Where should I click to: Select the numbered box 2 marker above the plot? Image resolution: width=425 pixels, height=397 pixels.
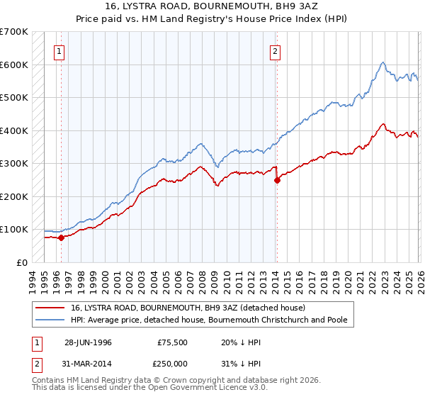point(274,51)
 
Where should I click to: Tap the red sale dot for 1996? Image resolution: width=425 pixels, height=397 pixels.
point(62,237)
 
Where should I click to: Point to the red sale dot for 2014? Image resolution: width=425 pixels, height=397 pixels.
point(277,180)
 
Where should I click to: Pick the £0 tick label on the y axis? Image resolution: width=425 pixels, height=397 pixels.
point(23,262)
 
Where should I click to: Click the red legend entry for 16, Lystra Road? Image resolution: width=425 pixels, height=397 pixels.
point(188,308)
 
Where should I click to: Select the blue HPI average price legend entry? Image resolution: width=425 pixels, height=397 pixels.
point(209,320)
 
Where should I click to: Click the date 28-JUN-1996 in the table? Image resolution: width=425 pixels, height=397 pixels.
point(88,341)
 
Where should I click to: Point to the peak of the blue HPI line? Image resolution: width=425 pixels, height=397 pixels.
point(382,62)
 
